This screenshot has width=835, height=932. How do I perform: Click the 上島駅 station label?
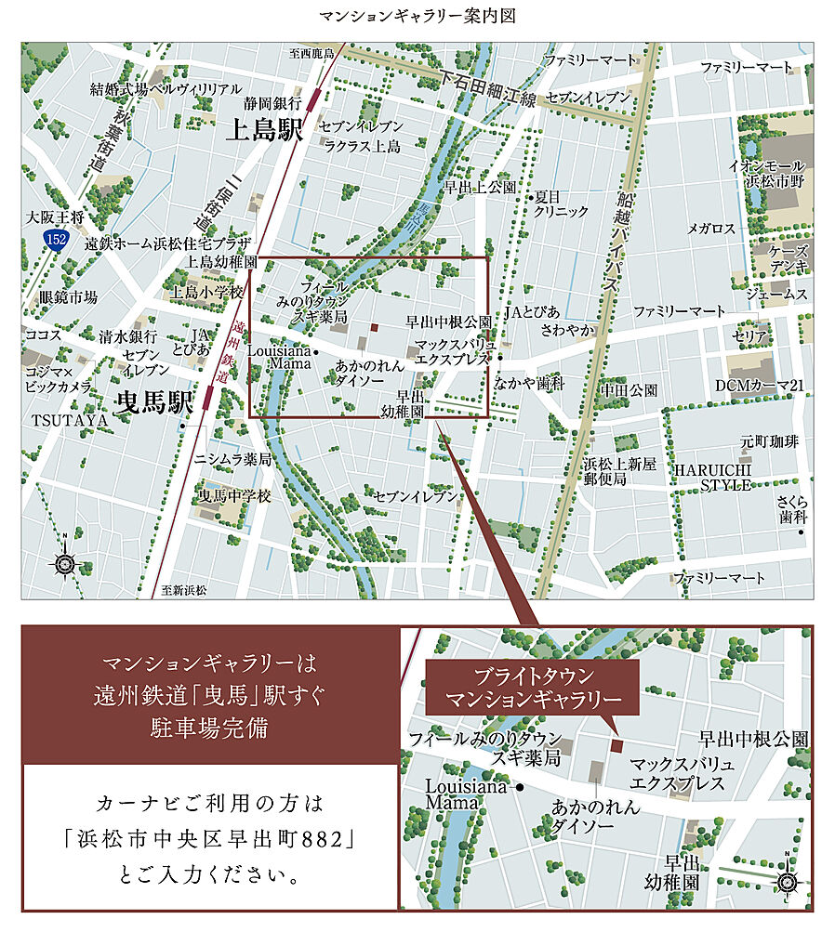click(x=264, y=131)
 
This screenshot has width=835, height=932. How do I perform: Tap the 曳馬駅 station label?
click(x=153, y=402)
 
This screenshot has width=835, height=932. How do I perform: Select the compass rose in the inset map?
click(x=787, y=880)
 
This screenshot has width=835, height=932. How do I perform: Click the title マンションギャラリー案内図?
click(x=417, y=17)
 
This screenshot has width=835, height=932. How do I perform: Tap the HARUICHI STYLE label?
click(x=712, y=476)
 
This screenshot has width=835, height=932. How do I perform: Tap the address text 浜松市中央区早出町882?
click(x=212, y=837)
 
